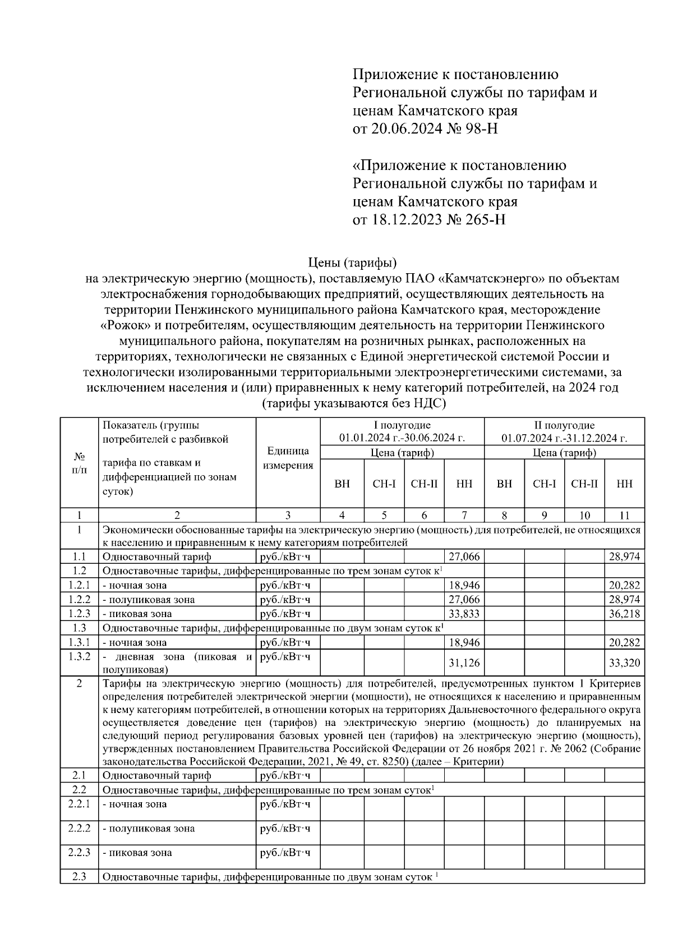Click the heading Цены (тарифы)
[x=353, y=262]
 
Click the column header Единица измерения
[x=288, y=458]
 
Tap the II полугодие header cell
[x=564, y=431]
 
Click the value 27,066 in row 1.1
[x=464, y=557]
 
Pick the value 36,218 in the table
[x=624, y=614]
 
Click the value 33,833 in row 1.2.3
[x=464, y=614]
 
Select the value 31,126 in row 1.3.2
[x=464, y=663]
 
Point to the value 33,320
[x=624, y=663]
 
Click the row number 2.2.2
[x=79, y=828]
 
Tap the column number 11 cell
[x=624, y=515]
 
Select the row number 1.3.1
[x=79, y=642]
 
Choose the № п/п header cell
[x=79, y=463]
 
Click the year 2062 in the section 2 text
[x=568, y=749]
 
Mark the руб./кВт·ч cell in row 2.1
[x=285, y=775]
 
